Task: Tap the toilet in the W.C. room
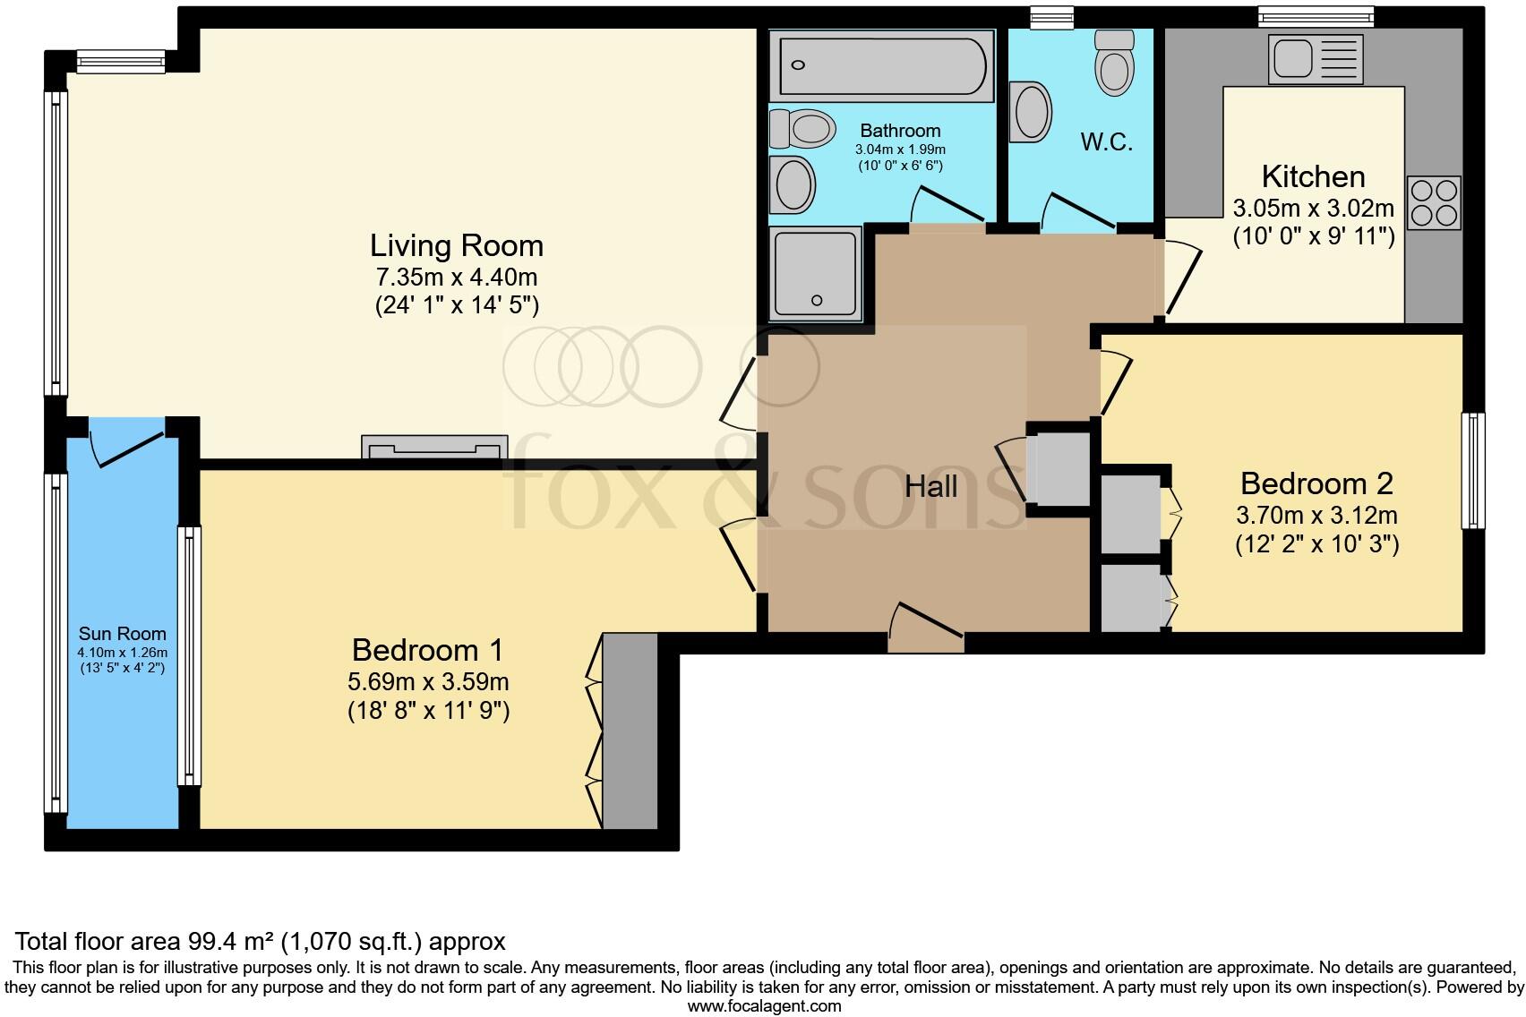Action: coord(1114,63)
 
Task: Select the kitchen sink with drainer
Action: coord(1315,58)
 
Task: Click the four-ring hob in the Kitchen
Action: coord(1434,202)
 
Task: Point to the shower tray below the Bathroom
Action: coord(814,273)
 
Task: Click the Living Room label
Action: coord(457,245)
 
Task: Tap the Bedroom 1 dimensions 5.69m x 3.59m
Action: coord(428,681)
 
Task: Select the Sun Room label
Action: coord(122,634)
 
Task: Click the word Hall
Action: coord(930,486)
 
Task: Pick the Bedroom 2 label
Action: coord(1316,483)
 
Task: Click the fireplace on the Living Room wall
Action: coord(433,448)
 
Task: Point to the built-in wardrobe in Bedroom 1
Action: coord(630,730)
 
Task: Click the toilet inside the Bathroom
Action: coord(802,129)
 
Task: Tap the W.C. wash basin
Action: coord(1032,112)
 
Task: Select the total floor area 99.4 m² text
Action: coord(260,941)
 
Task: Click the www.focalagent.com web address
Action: coord(763,1005)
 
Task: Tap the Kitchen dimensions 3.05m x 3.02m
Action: coord(1313,209)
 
